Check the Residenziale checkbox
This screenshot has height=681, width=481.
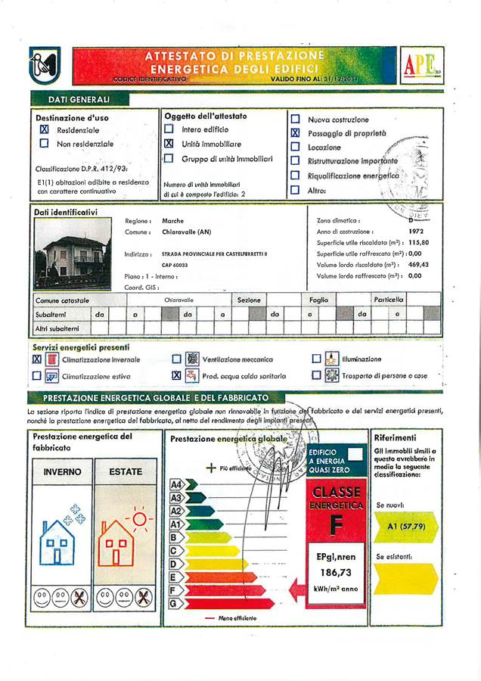pyautogui.click(x=44, y=130)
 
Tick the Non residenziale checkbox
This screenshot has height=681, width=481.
pyautogui.click(x=44, y=144)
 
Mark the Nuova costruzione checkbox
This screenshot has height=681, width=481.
pyautogui.click(x=296, y=120)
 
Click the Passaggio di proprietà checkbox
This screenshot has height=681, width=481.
pyautogui.click(x=296, y=133)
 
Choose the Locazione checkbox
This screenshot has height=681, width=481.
pyautogui.click(x=296, y=148)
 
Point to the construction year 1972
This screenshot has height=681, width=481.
pyautogui.click(x=418, y=231)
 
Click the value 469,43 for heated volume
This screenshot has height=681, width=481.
pyautogui.click(x=418, y=265)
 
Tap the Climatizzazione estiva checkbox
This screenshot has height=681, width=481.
pyautogui.click(x=36, y=376)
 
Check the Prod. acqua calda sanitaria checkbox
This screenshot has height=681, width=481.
pyautogui.click(x=176, y=376)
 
